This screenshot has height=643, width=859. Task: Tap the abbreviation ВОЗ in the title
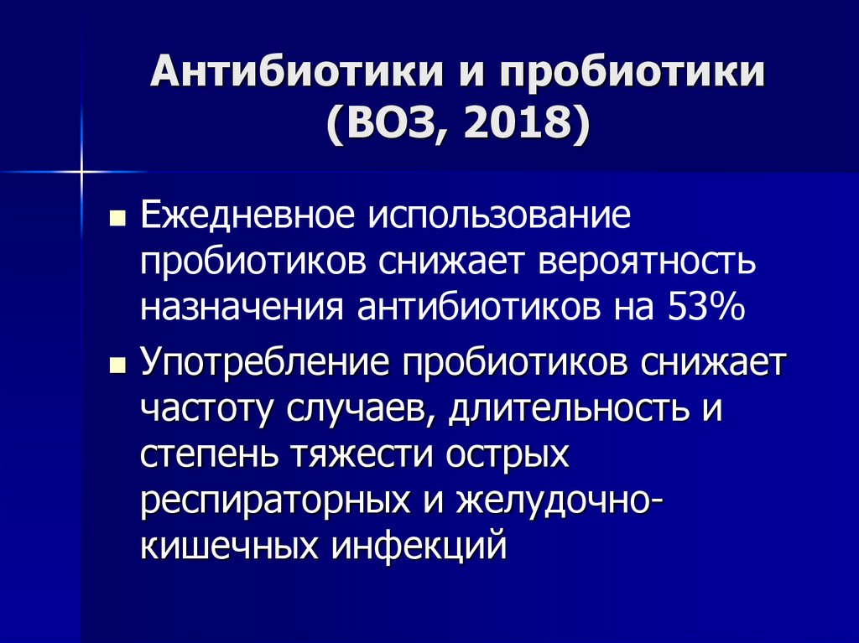pos(378,125)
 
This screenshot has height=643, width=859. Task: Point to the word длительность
pos(558,411)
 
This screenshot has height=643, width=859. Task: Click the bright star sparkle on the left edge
pos(82,174)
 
